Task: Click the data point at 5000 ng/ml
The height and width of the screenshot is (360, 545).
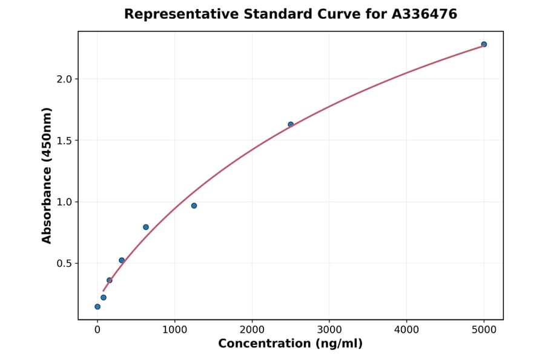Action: click(484, 44)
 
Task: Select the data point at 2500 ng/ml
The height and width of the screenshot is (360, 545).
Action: click(291, 124)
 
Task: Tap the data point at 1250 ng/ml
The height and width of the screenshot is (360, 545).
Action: click(194, 205)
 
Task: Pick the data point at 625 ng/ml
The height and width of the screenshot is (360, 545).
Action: click(146, 227)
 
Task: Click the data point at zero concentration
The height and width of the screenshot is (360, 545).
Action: click(97, 307)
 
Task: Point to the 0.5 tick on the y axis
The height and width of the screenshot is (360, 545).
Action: click(64, 264)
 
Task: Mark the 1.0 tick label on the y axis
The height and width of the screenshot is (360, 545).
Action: click(64, 202)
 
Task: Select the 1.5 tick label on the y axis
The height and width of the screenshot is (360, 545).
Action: click(64, 141)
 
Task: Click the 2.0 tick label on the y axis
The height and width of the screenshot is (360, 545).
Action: click(64, 79)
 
